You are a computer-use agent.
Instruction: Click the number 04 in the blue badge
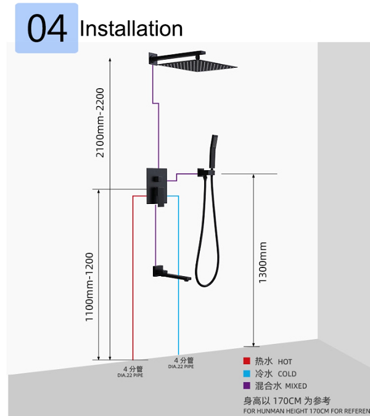(x=47, y=29)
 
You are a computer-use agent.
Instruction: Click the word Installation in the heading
(x=131, y=28)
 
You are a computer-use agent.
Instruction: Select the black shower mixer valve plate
(x=157, y=184)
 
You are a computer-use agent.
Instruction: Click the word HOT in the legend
(x=285, y=362)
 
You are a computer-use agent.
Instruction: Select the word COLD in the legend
(x=287, y=373)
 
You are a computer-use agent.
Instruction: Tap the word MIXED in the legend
(x=295, y=386)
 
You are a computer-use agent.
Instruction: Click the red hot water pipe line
(x=134, y=277)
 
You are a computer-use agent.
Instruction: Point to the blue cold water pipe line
(x=179, y=277)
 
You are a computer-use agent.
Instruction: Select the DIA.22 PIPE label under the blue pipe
(x=181, y=367)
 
